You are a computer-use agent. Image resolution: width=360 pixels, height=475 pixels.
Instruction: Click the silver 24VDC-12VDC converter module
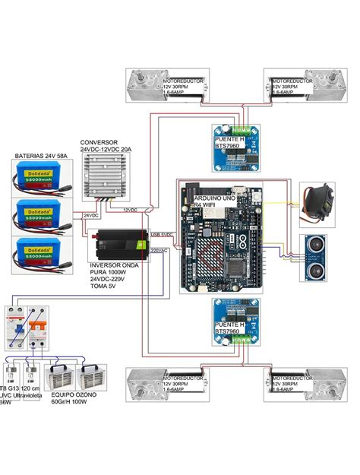click(106, 176)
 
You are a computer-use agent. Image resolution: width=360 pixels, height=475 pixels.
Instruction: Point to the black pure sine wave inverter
click(121, 245)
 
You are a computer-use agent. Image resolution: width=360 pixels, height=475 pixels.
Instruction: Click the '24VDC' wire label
click(91, 215)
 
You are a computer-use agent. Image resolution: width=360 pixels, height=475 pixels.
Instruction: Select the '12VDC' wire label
click(130, 208)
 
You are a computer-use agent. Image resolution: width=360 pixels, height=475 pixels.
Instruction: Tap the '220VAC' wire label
click(159, 249)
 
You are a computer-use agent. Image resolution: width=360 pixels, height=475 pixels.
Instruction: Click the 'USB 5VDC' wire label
click(163, 234)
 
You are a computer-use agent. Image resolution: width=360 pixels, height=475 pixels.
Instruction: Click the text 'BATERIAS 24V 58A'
click(42, 156)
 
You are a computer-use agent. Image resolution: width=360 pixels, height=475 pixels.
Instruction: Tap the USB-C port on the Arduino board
click(238, 189)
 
